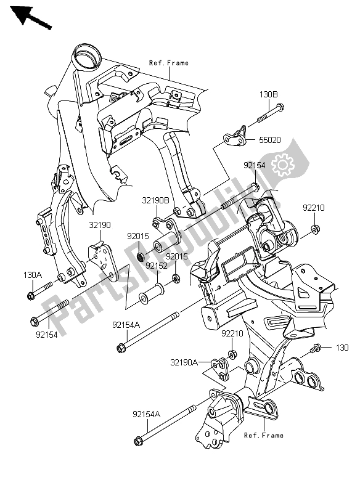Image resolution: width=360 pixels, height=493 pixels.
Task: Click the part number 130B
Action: pos(269,94)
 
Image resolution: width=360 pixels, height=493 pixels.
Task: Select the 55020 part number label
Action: pos(270,140)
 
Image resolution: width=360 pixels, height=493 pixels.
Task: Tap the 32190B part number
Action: pos(155,200)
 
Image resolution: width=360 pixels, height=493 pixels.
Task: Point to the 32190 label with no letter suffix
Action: pos(100,225)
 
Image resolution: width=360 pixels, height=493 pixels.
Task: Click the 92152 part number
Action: pos(156,266)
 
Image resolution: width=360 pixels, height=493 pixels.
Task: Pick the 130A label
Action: pos(33,275)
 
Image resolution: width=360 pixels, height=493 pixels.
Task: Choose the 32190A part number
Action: pos(184,362)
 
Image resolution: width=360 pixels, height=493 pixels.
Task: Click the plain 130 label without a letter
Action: pos(342,348)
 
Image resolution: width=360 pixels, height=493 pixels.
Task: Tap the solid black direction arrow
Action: pos(30,17)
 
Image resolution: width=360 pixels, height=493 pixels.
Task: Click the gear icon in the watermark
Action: pos(283,165)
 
